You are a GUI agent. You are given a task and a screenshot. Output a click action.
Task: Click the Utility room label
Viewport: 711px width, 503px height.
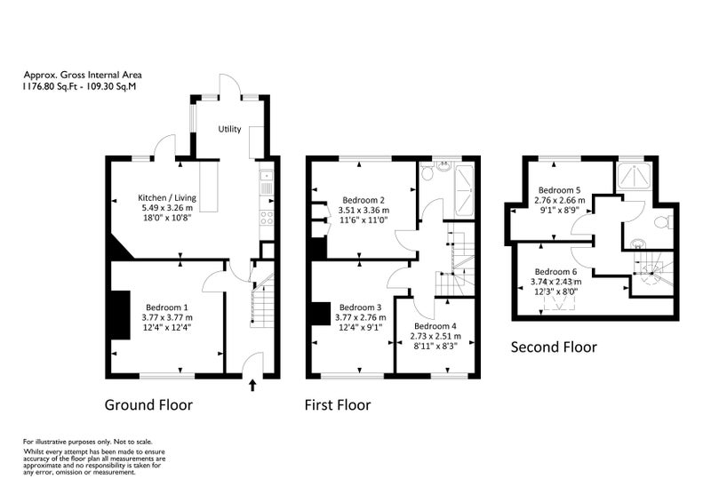point(229,129)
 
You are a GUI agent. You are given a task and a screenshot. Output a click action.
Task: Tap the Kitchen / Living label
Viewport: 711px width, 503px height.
point(167,198)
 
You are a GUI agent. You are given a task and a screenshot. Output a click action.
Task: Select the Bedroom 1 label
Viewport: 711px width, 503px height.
point(167,307)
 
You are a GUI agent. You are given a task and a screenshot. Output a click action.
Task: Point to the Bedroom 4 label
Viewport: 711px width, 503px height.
point(435,326)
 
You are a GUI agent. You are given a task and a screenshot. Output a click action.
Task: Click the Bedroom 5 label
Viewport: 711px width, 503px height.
point(559,190)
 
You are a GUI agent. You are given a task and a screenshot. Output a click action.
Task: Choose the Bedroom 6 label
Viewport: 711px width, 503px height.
point(556,272)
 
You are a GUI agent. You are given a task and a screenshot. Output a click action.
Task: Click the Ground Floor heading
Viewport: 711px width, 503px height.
point(148,404)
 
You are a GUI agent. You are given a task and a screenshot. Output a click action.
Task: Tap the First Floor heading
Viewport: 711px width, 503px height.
point(338,404)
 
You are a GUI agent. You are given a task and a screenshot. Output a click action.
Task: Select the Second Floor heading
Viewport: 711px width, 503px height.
point(554,347)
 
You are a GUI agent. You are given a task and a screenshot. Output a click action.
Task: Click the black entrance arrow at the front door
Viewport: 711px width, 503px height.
point(252,386)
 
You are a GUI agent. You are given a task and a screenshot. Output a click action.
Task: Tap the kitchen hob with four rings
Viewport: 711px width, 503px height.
point(267,218)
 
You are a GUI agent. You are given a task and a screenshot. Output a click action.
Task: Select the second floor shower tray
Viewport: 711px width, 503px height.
point(634,176)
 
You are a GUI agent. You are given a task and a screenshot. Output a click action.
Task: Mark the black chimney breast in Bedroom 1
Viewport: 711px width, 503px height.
point(120,315)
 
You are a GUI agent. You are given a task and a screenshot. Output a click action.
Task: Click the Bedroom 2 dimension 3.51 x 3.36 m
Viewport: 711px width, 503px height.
point(363,211)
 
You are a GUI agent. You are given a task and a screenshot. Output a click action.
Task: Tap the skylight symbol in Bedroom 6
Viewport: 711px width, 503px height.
point(560,306)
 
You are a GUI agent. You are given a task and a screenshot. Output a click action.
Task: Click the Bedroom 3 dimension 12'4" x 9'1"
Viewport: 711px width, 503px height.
point(361,327)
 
